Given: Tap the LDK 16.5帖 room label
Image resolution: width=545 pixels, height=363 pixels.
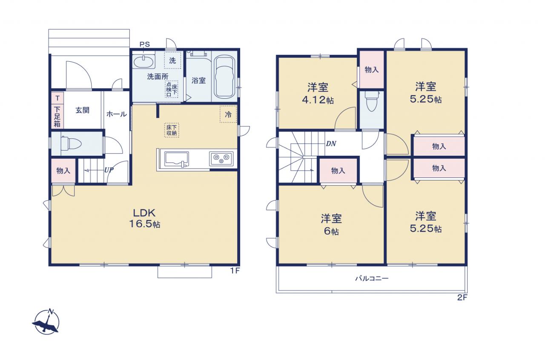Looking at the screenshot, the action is click(x=144, y=218).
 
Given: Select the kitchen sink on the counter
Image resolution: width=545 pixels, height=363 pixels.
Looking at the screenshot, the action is click(x=177, y=159).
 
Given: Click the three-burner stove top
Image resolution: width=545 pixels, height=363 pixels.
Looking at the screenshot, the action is click(x=221, y=159).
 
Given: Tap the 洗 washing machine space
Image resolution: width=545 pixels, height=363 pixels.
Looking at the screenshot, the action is click(x=172, y=60).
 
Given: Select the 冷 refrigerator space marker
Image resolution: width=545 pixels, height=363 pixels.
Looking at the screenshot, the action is click(x=228, y=114).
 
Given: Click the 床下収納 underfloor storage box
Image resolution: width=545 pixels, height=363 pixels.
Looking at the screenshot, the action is click(x=172, y=130).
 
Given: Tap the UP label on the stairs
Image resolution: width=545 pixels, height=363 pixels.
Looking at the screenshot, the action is click(x=109, y=170).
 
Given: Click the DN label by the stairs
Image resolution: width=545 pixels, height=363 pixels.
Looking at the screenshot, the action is click(x=331, y=144).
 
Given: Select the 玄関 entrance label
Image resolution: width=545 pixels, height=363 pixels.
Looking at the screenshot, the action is click(x=83, y=110).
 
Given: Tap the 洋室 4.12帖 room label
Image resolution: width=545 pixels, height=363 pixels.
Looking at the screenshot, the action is click(x=318, y=93).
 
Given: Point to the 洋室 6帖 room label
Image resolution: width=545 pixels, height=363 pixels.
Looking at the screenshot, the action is click(x=331, y=224).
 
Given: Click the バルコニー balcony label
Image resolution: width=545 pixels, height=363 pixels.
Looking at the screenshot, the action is click(x=372, y=278).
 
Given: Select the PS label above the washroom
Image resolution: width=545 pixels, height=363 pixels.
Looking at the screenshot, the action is click(x=144, y=44).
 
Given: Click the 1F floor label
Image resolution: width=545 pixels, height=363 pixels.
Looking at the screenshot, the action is click(x=235, y=271).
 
